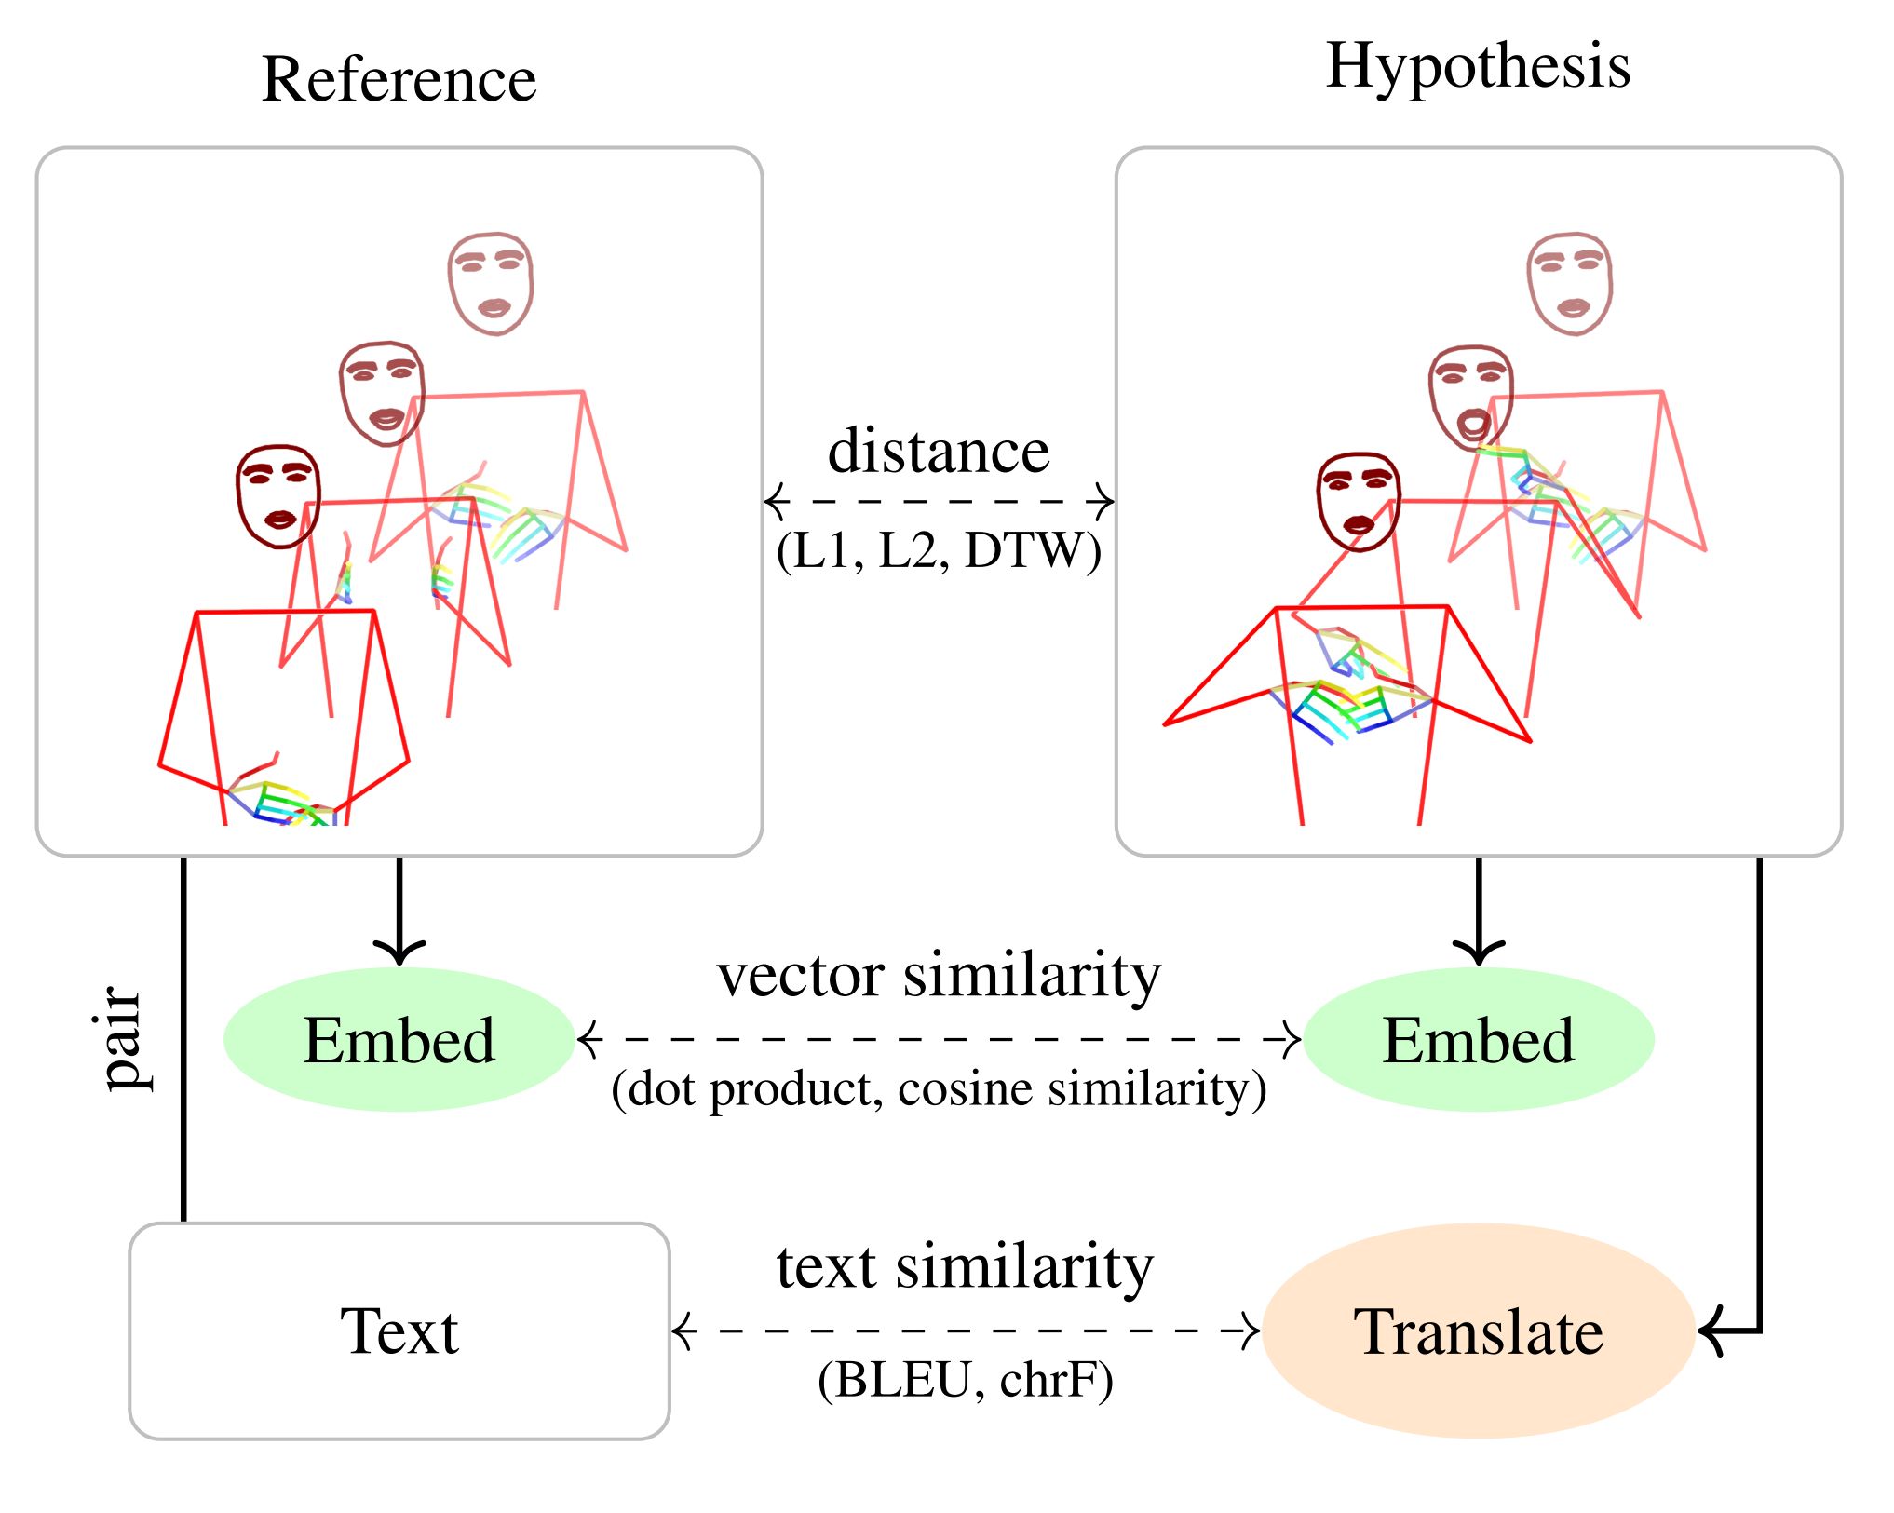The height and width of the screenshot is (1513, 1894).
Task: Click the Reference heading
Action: tap(399, 79)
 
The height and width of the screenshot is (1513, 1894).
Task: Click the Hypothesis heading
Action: tap(1478, 67)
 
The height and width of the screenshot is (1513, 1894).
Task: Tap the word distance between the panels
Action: tap(939, 452)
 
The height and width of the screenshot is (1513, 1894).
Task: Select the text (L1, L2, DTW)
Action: tap(939, 550)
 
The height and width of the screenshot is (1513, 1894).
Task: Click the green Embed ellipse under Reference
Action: tap(399, 1039)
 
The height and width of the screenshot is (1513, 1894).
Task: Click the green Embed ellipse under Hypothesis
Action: tap(1479, 1039)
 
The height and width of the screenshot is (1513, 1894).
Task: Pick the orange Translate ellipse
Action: tap(1478, 1331)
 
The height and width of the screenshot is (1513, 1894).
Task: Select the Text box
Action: tap(399, 1331)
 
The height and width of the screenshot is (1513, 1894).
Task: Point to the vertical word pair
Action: tap(123, 1037)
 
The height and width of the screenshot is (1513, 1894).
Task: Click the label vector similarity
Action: tap(939, 975)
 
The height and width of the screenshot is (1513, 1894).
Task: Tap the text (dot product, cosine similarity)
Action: tap(939, 1088)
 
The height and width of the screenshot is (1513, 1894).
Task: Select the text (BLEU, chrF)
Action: tap(965, 1380)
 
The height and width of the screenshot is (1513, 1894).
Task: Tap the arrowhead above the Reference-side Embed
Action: tap(399, 952)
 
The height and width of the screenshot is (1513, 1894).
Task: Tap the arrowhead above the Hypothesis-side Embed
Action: tap(1479, 952)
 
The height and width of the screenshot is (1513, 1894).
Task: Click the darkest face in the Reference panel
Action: tap(278, 496)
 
